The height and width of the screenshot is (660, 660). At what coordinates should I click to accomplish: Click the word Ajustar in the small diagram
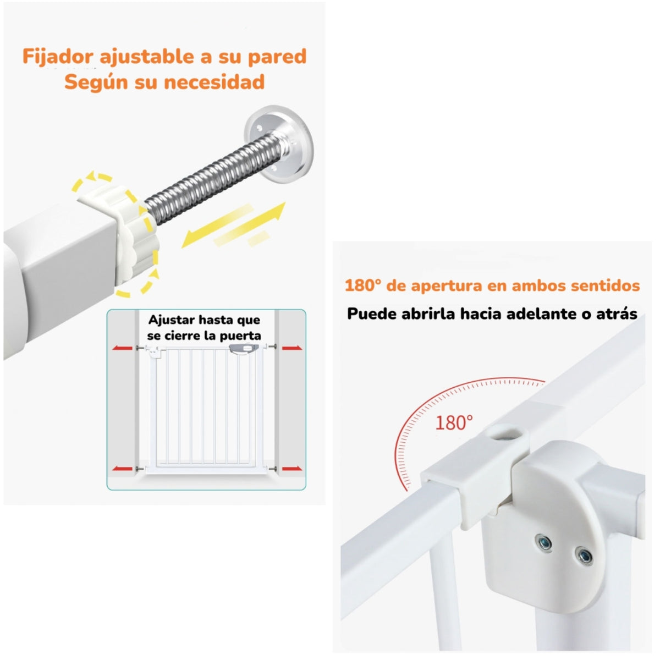coord(170,320)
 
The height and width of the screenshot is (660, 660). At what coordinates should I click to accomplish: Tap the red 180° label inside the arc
coord(454,422)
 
